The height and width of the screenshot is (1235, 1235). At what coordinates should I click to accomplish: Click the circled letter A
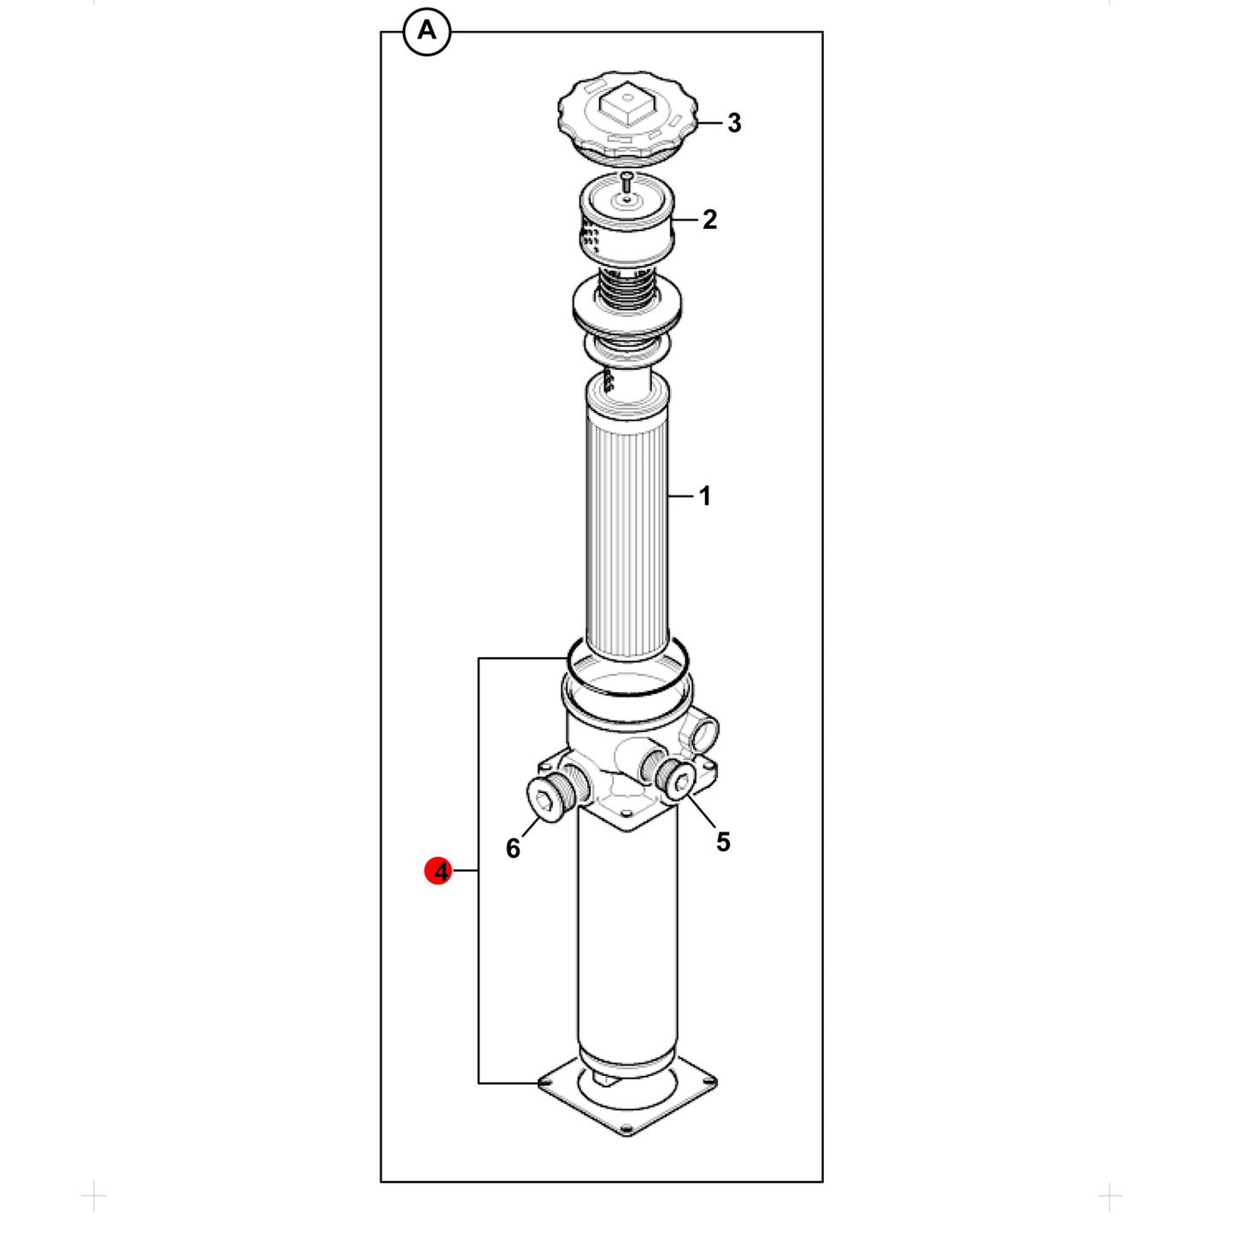coord(426,32)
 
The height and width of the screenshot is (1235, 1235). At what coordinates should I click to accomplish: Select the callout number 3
coord(734,123)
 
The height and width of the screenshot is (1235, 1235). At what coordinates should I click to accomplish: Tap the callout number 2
coord(709,220)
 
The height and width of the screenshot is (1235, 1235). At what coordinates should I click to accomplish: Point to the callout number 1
coord(705,496)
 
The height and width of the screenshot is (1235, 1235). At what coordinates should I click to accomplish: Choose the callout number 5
coord(723,842)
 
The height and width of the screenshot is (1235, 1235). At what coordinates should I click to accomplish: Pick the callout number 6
coord(513,849)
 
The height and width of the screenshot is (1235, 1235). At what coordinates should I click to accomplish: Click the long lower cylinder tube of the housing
coord(627,942)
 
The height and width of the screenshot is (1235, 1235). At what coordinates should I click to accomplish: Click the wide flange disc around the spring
coord(626,308)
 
